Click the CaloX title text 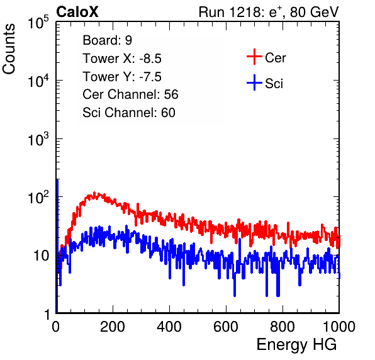point(77,12)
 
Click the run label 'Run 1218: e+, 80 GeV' point(269,12)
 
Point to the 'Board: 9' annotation point(107,40)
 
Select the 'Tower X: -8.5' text point(122,59)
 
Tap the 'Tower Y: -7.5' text point(122,77)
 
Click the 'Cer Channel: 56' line point(130,94)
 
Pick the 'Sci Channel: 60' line point(129,113)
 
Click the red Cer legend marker point(254,57)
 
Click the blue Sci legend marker point(254,83)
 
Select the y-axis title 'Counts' point(9,48)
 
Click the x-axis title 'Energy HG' point(296,345)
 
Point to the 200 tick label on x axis point(113,327)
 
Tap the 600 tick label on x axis point(226,327)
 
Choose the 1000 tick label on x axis point(339,327)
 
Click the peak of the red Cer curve point(94,193)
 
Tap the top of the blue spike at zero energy point(57,180)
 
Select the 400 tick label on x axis point(169,327)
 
